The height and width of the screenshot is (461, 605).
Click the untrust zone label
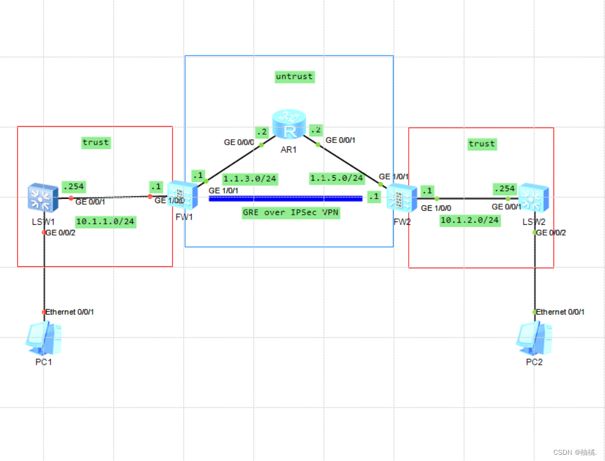click(294, 76)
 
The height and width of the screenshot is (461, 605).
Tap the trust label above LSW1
click(95, 142)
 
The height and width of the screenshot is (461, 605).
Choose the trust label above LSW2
click(482, 144)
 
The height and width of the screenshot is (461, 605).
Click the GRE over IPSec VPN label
click(290, 213)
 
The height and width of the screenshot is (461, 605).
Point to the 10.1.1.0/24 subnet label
click(105, 222)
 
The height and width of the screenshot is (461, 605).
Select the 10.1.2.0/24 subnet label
click(469, 220)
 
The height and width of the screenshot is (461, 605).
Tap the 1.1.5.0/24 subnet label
click(337, 178)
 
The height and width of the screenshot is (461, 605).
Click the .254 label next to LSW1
click(73, 186)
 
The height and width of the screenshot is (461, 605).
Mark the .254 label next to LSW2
click(504, 188)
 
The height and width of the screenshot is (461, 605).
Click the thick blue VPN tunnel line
click(285, 198)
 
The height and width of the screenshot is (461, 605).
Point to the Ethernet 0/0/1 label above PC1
click(70, 312)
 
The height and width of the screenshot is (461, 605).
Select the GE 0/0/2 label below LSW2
click(551, 233)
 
